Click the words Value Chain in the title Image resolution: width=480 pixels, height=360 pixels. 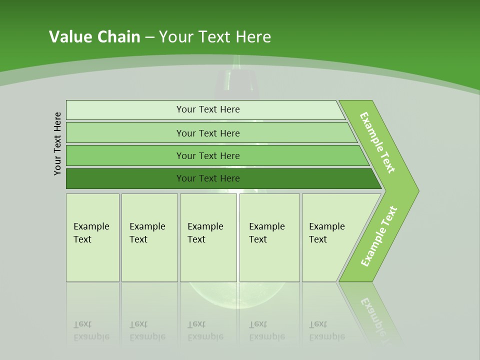[94, 37]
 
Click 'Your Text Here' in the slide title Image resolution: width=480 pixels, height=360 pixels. [215, 37]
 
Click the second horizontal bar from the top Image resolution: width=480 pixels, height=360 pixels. [208, 133]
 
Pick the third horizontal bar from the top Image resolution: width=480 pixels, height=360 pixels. [208, 155]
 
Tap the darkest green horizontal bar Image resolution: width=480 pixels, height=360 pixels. [208, 178]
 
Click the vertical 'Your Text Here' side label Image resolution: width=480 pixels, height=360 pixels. [57, 143]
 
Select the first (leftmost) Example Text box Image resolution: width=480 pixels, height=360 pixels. [92, 237]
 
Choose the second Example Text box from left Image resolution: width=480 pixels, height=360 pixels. [149, 237]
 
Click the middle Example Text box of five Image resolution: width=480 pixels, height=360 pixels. [208, 237]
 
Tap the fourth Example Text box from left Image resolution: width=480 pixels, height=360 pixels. [269, 237]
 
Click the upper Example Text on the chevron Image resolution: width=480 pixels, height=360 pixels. [378, 142]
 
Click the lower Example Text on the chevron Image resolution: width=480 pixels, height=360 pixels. [379, 236]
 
